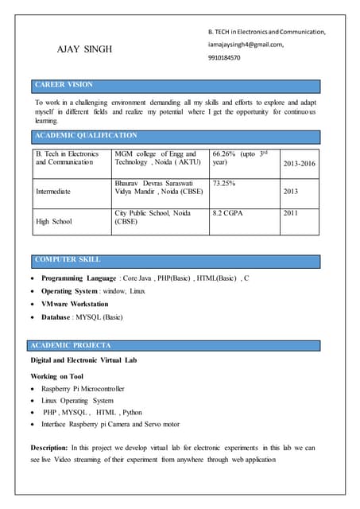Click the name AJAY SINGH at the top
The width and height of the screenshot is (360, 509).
pos(84,49)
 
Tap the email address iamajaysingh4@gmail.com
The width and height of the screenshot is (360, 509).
pos(246,45)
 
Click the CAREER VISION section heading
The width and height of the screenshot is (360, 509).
pos(64,84)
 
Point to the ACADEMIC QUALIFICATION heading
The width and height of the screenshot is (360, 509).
pos(87,136)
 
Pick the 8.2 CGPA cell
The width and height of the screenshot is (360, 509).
pos(230,213)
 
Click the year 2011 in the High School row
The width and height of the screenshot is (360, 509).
pos(292,213)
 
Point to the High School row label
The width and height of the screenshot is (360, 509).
pos(54,222)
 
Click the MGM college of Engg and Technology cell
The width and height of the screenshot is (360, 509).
pos(156,157)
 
